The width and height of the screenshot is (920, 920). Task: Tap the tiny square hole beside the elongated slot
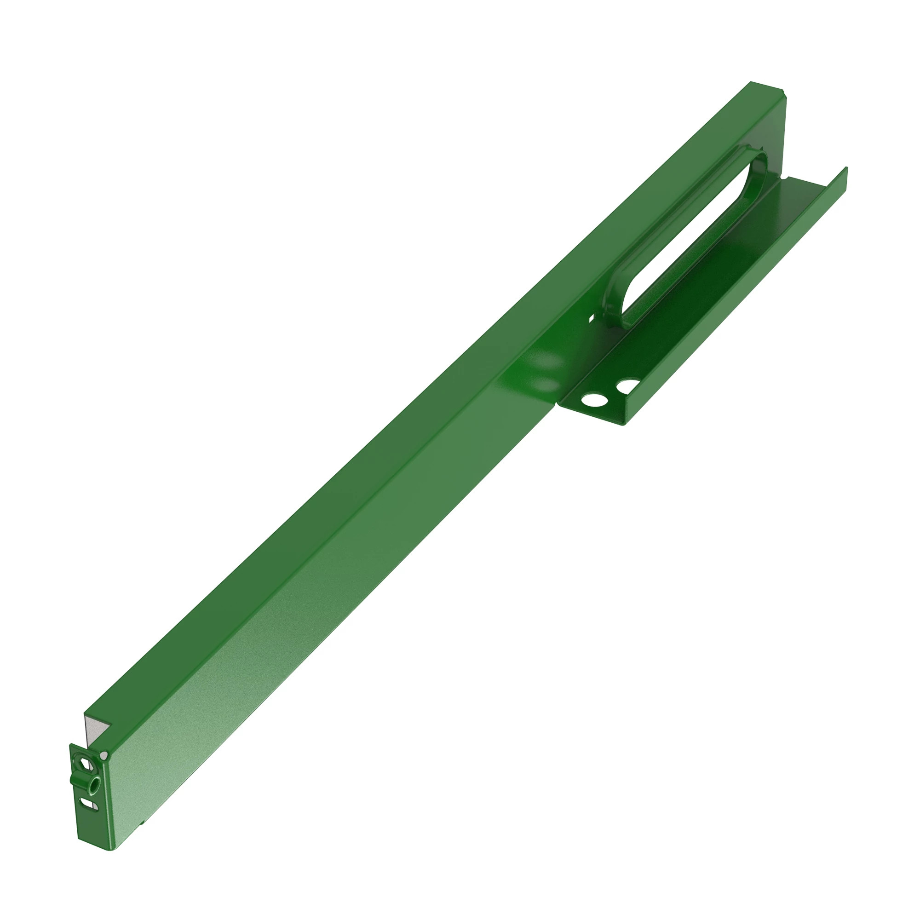point(592,317)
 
